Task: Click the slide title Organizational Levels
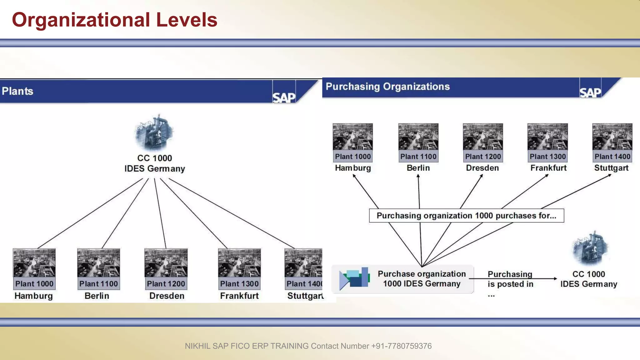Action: pyautogui.click(x=114, y=20)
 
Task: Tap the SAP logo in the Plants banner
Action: pyautogui.click(x=284, y=97)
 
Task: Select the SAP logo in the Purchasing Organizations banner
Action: pyautogui.click(x=590, y=92)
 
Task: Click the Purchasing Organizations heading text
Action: pyautogui.click(x=387, y=87)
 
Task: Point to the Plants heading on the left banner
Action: pyautogui.click(x=17, y=91)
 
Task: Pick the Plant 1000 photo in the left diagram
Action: pyautogui.click(x=34, y=263)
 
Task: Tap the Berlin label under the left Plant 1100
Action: pyautogui.click(x=97, y=296)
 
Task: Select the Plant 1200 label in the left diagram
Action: pyautogui.click(x=166, y=284)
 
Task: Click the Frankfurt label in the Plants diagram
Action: pyautogui.click(x=239, y=296)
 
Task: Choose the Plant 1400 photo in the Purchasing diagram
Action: pyautogui.click(x=612, y=137)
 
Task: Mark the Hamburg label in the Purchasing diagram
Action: pyautogui.click(x=353, y=168)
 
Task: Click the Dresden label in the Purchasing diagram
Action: pyautogui.click(x=482, y=168)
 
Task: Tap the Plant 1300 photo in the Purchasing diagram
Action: pyautogui.click(x=547, y=137)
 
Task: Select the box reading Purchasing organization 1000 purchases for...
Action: pyautogui.click(x=466, y=216)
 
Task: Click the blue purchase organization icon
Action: pyautogui.click(x=355, y=278)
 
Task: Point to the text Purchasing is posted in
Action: pyautogui.click(x=510, y=279)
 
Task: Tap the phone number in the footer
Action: pyautogui.click(x=401, y=346)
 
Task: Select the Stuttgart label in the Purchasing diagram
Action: pyautogui.click(x=611, y=168)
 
